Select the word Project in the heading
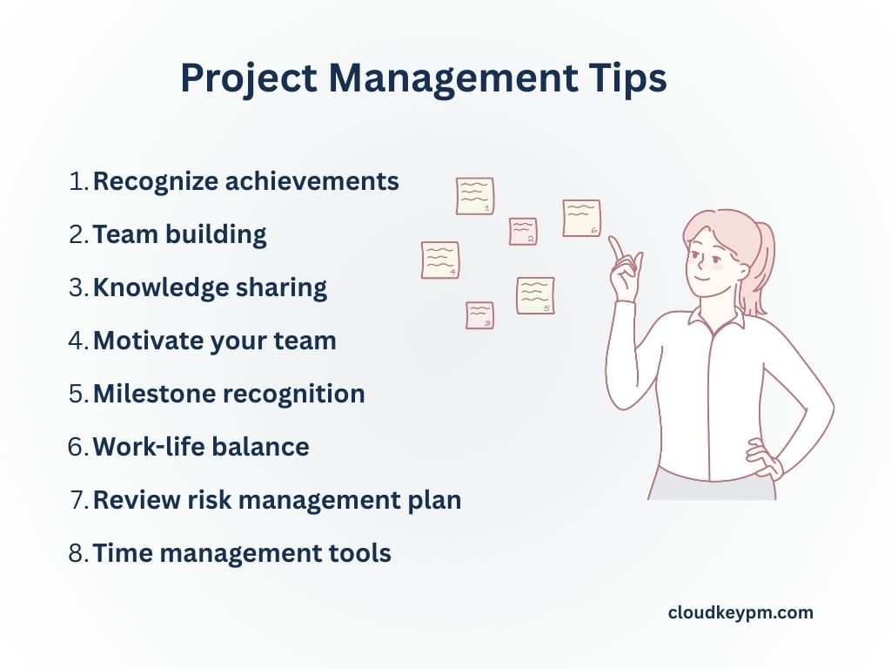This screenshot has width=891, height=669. [x=249, y=78]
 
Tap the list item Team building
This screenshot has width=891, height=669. [x=179, y=234]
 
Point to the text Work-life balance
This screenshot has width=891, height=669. [x=201, y=447]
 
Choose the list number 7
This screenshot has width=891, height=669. [x=78, y=500]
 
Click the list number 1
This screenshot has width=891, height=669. [x=78, y=181]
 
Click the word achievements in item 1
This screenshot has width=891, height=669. [x=312, y=181]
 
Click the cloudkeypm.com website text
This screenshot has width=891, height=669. [x=740, y=612]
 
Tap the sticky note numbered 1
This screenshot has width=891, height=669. [x=475, y=196]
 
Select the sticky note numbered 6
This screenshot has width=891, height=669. [x=581, y=218]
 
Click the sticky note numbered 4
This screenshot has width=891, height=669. [x=440, y=260]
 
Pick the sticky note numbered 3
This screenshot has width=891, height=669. [x=480, y=315]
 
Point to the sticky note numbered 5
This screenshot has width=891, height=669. [x=535, y=296]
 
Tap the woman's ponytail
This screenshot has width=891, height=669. [x=762, y=267]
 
